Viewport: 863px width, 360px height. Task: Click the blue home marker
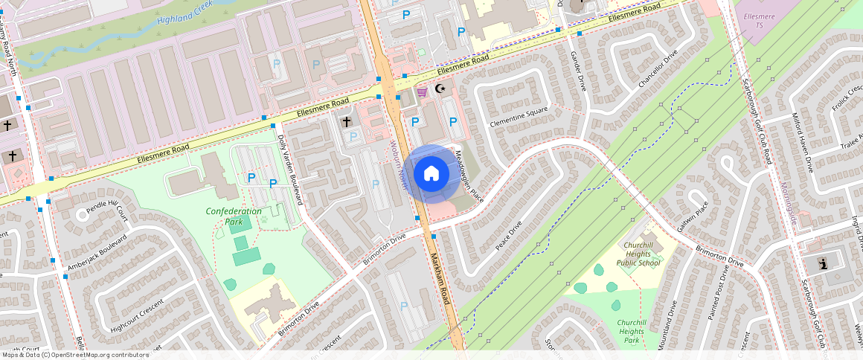point(431,174)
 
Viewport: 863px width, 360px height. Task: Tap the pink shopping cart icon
point(423,91)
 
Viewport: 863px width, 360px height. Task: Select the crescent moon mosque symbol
point(440,89)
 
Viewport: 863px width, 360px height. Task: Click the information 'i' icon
point(823,263)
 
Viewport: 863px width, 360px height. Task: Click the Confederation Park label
point(234,216)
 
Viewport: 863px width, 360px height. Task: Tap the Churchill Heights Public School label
point(638,254)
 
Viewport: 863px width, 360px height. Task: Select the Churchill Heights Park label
point(631,331)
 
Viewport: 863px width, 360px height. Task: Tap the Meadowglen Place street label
point(469,175)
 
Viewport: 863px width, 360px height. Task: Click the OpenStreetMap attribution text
point(74,355)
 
